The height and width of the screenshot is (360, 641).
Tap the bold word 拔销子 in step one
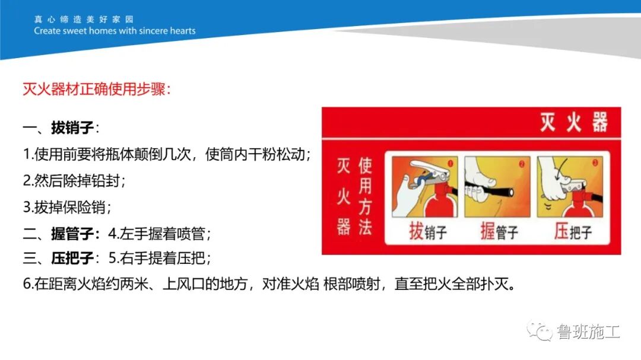[x=72, y=128]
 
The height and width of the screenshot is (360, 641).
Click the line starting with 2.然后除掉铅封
[x=74, y=181]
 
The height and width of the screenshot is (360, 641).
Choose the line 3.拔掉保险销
[x=66, y=207]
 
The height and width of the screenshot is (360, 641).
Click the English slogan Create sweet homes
[x=115, y=31]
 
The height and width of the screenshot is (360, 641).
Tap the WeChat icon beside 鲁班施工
[x=541, y=331]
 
